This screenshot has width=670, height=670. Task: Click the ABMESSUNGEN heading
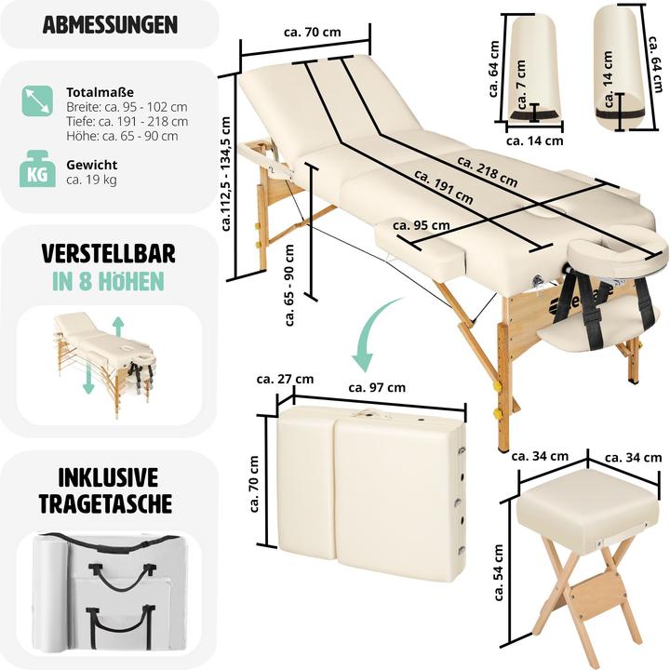pyautogui.click(x=109, y=24)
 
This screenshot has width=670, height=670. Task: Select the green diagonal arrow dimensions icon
pyautogui.click(x=36, y=100)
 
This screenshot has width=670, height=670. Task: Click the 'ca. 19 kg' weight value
pyautogui.click(x=91, y=180)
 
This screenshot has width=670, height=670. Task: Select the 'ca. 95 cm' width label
pyautogui.click(x=422, y=224)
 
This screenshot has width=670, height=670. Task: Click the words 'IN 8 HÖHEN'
pyautogui.click(x=109, y=281)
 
